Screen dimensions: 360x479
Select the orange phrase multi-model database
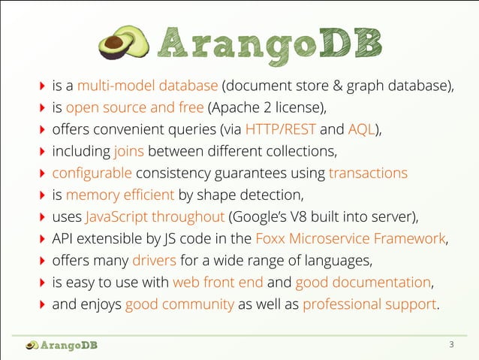pyautogui.click(x=147, y=84)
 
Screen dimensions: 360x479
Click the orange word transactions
pyautogui.click(x=368, y=173)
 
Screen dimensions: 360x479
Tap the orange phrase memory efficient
pyautogui.click(x=120, y=195)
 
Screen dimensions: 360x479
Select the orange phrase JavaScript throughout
pyautogui.click(x=155, y=217)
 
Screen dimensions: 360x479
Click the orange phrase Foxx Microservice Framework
pyautogui.click(x=350, y=240)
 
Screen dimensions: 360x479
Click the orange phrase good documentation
pyautogui.click(x=363, y=283)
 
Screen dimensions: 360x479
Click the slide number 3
pyautogui.click(x=451, y=345)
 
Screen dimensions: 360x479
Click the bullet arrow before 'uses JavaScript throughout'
pyautogui.click(x=41, y=218)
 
